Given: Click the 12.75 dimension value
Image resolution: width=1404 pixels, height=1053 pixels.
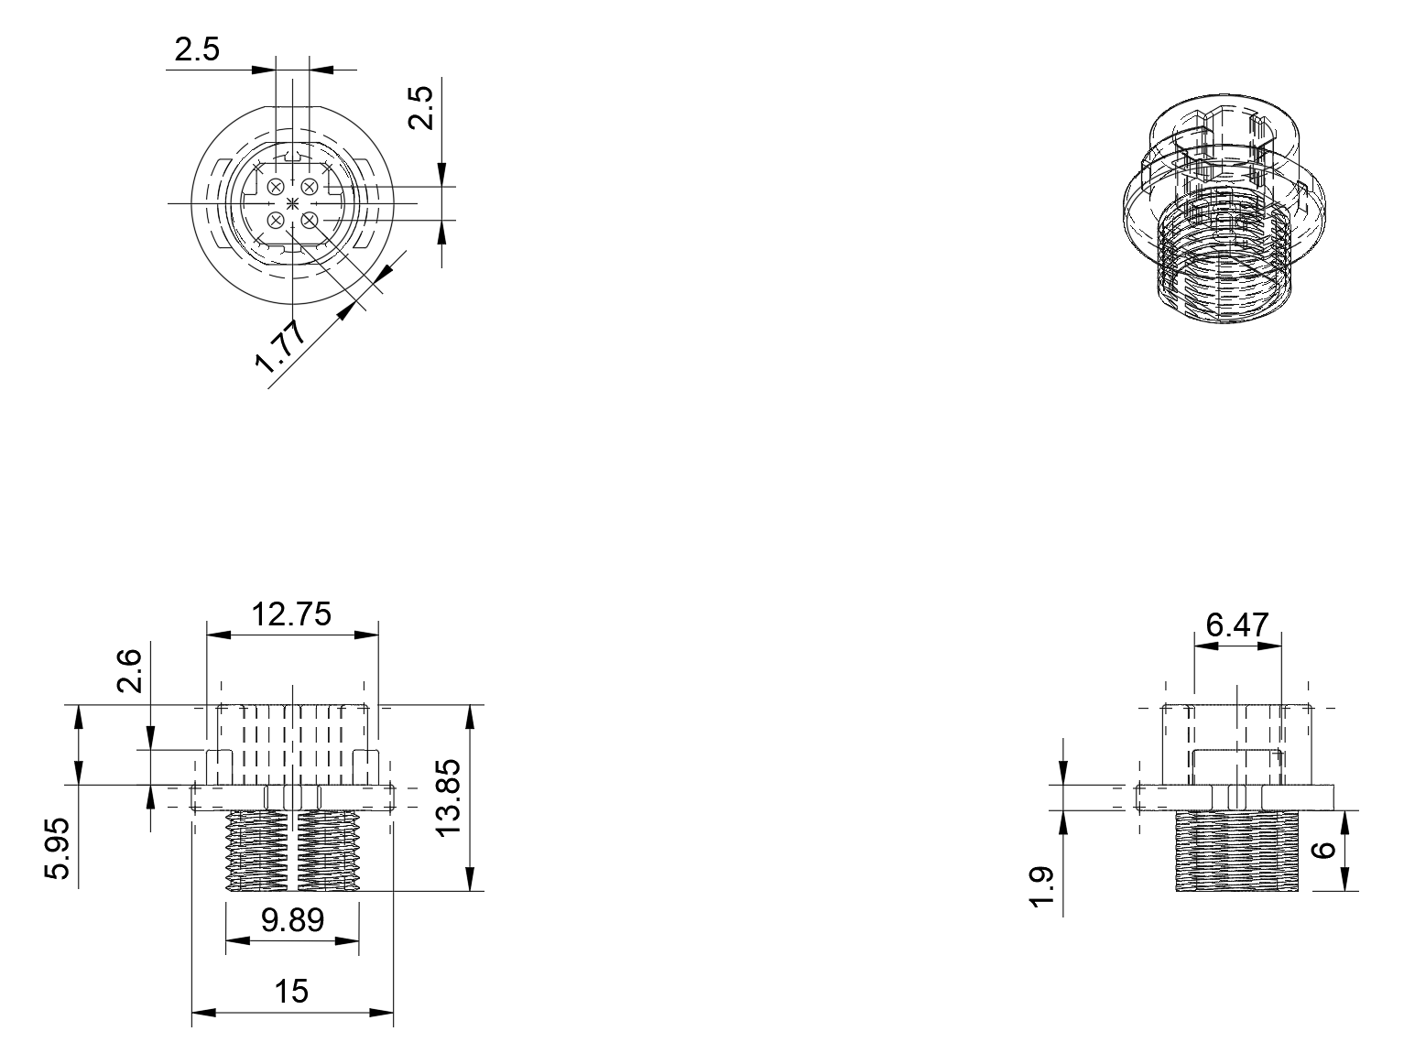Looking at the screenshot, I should click(291, 613).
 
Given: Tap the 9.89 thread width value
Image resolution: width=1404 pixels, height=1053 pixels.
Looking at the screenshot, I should click(292, 919).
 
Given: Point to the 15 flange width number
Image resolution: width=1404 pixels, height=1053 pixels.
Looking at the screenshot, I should click(291, 992).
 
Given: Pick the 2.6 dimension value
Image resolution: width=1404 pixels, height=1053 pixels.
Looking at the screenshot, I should click(129, 670).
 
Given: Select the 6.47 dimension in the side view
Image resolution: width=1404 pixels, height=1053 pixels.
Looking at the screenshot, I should click(1237, 625).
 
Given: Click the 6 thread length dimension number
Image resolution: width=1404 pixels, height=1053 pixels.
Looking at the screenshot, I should click(1325, 851).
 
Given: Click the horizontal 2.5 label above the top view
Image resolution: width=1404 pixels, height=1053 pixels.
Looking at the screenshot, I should click(197, 49).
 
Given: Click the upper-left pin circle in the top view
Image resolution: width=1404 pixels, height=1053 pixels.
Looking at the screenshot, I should click(276, 187).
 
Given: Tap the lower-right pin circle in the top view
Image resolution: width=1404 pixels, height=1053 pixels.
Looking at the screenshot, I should click(310, 220).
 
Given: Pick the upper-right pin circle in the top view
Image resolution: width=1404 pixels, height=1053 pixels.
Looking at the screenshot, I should click(309, 187).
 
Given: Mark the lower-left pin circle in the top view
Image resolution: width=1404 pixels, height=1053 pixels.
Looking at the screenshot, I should click(276, 220).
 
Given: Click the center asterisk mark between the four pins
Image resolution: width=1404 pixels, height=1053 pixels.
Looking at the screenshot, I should click(292, 202).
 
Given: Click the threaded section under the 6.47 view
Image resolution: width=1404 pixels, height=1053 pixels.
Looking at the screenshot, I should click(1238, 851).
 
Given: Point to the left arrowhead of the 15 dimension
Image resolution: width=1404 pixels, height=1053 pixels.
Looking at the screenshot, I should click(201, 1012).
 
